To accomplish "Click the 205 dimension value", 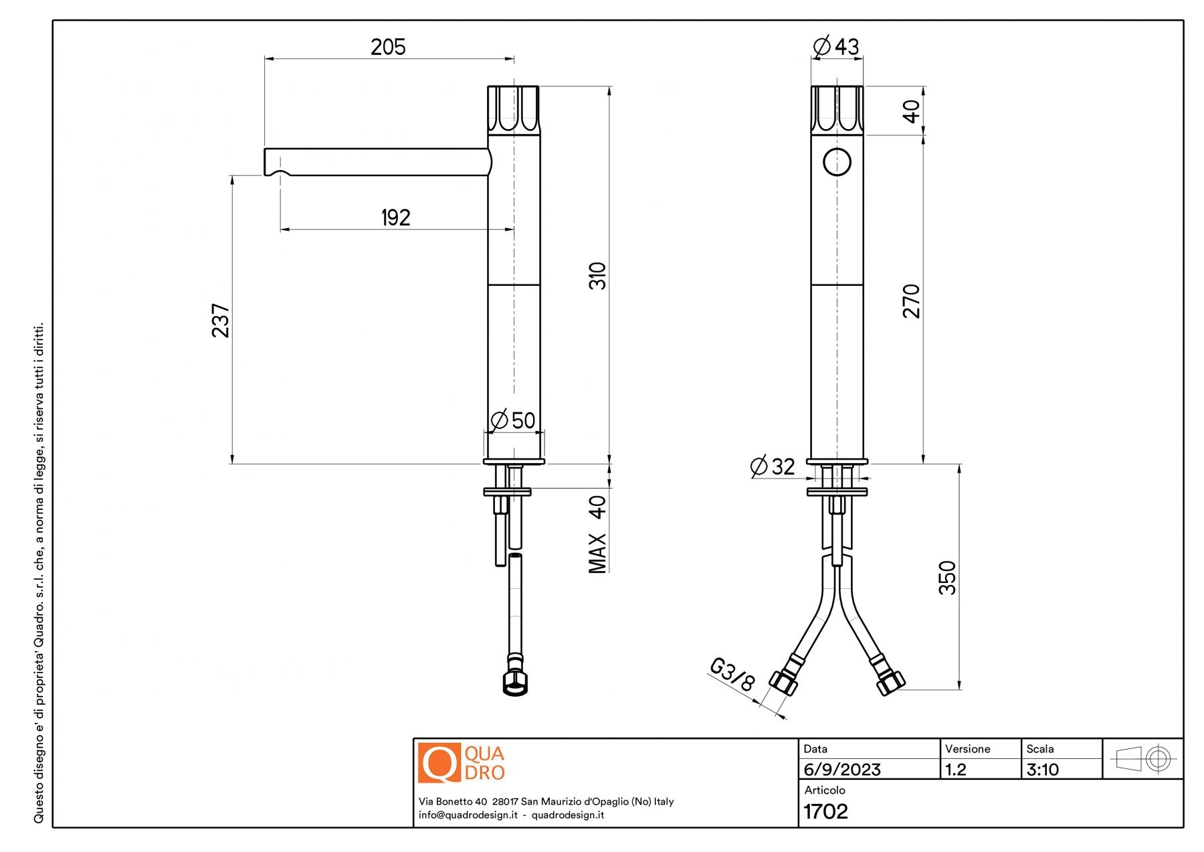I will tap(388, 47).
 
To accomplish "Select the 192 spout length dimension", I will tap(395, 218).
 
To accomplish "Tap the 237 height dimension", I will tap(221, 321).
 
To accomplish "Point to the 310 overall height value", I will tap(597, 276).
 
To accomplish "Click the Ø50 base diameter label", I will tap(513, 420).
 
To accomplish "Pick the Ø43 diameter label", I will tap(836, 46).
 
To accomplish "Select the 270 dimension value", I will tap(912, 301).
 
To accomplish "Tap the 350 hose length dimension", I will tap(948, 578).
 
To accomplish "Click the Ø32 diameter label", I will tap(773, 466).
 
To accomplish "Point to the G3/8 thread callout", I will tap(732, 674).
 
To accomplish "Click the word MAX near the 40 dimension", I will tap(597, 553).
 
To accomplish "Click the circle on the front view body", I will tap(837, 162).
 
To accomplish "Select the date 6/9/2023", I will tap(842, 770).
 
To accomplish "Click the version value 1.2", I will tap(956, 770).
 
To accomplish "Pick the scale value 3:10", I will tap(1043, 770).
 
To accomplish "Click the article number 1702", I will tap(825, 811).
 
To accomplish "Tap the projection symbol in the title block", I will tap(1142, 759).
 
